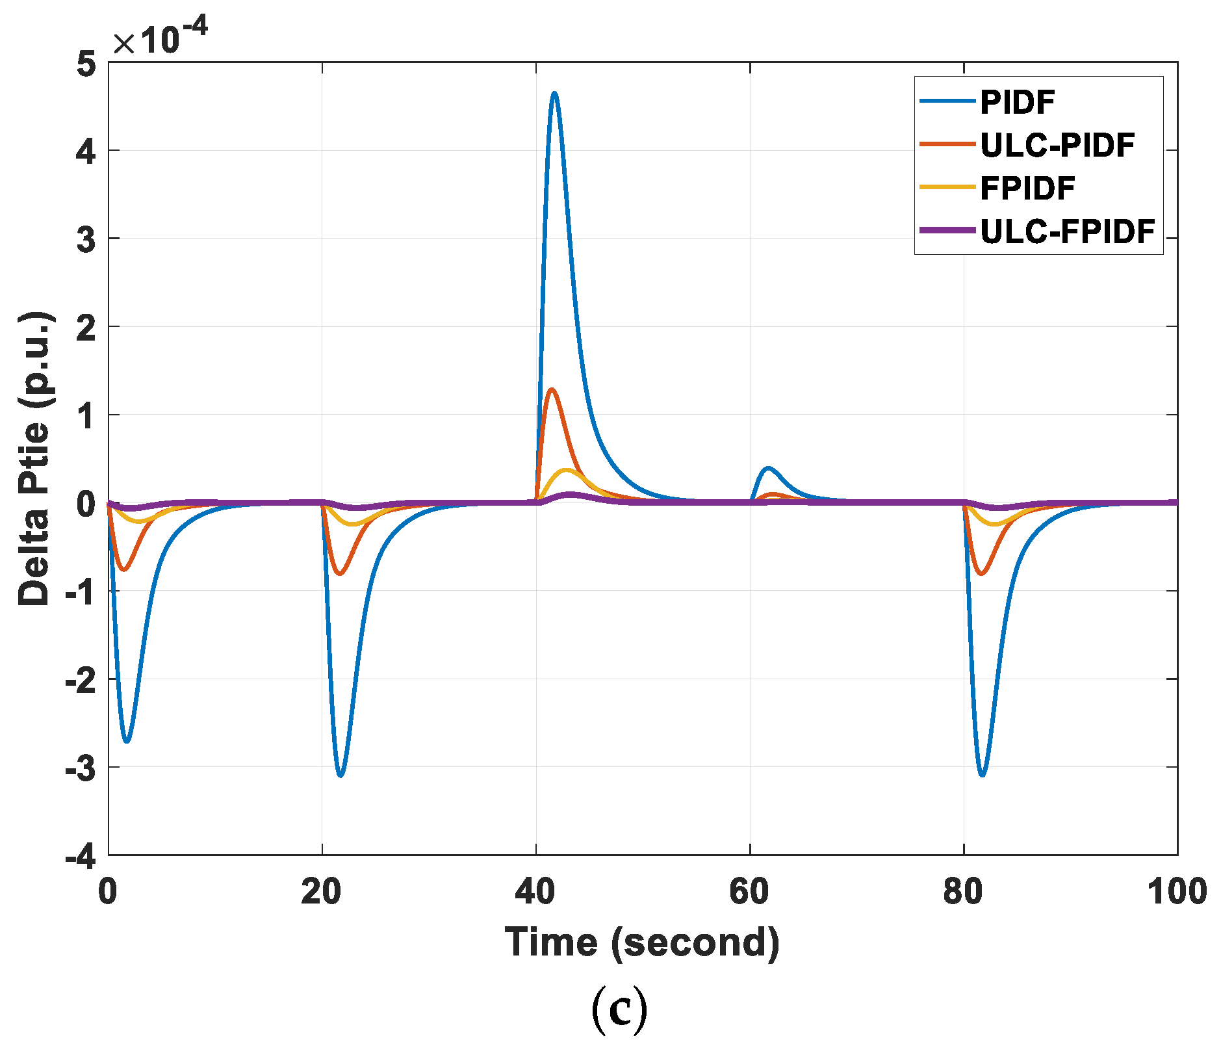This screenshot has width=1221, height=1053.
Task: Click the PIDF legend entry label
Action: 1018,102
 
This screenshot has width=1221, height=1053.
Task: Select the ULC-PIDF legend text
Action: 1057,145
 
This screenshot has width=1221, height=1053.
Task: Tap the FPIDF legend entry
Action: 1027,188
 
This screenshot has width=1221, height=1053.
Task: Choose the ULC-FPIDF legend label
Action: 1068,231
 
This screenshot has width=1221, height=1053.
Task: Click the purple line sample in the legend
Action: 947,230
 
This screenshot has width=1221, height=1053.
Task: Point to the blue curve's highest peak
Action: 554,93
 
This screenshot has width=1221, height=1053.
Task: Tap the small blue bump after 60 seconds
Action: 769,468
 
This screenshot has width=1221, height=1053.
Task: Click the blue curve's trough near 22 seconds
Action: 341,775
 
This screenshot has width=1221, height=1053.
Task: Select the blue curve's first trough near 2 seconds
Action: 127,741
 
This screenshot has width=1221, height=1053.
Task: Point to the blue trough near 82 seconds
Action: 982,775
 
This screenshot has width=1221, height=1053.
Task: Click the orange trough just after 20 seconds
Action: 340,574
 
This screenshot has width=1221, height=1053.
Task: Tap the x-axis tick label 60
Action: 749,891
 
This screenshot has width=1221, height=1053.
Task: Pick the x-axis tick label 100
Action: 1176,891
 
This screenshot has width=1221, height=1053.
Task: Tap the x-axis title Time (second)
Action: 642,942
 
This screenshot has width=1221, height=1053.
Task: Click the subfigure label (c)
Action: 619,1010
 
